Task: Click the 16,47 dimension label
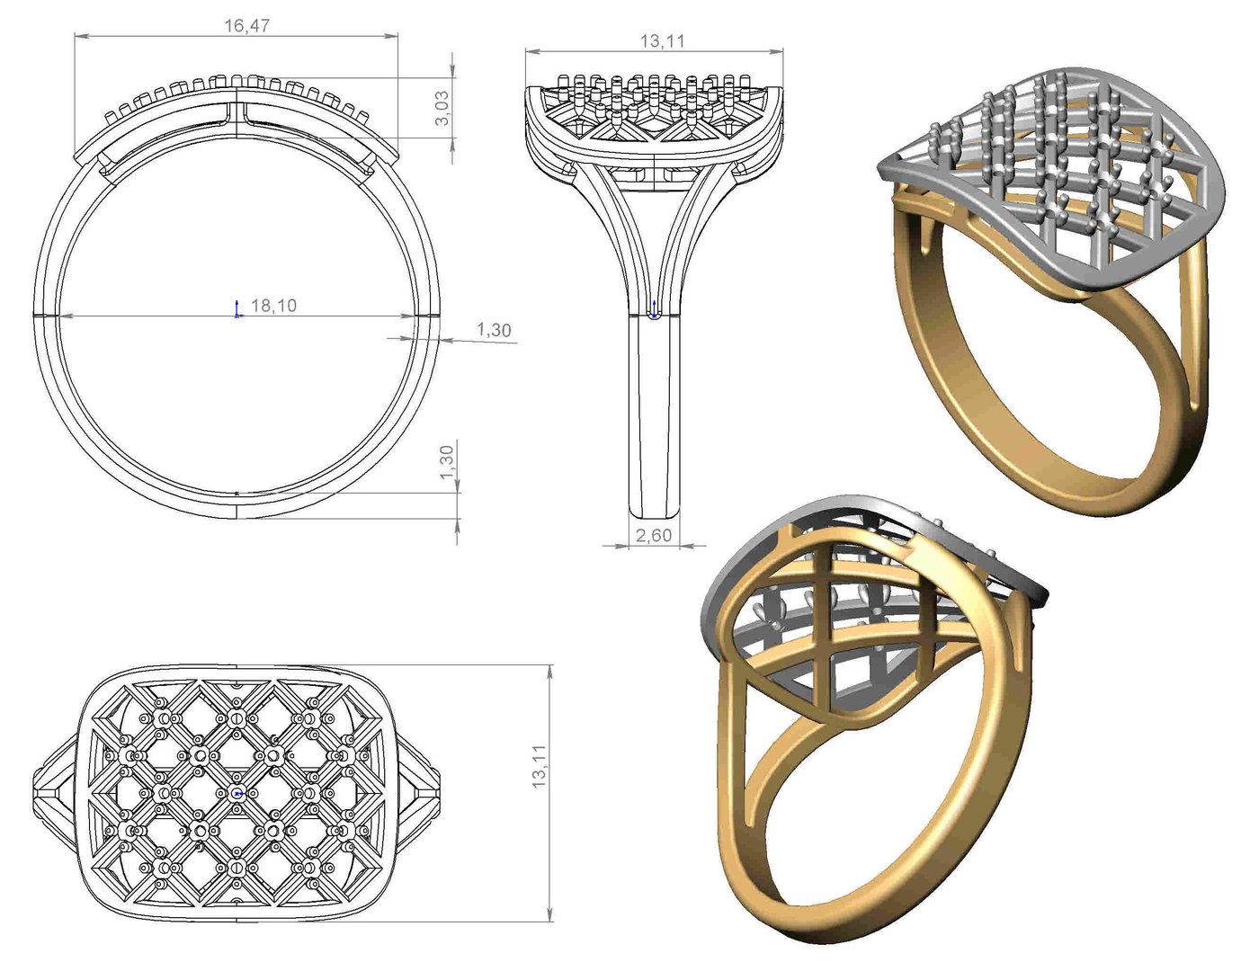(x=246, y=26)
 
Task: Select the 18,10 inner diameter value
(x=273, y=306)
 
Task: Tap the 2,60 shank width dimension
(x=654, y=536)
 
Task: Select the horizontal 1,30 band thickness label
(x=494, y=330)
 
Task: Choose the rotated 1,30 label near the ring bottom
(x=448, y=462)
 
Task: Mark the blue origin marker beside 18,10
(x=237, y=309)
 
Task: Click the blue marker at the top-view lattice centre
(x=237, y=794)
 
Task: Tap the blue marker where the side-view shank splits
(x=654, y=314)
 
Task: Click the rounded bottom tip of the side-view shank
(x=654, y=512)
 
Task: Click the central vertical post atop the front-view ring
(x=237, y=111)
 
